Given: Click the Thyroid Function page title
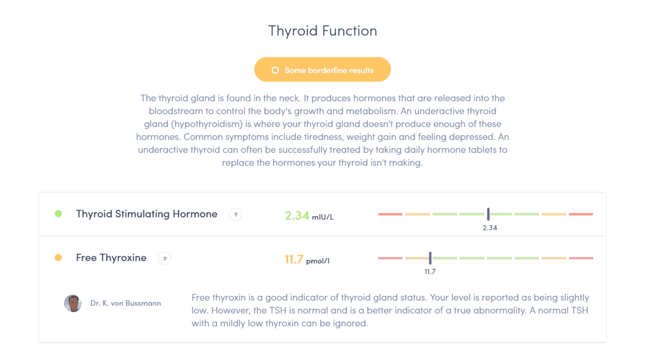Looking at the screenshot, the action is pyautogui.click(x=322, y=31).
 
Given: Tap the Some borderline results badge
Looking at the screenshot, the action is pyautogui.click(x=322, y=69).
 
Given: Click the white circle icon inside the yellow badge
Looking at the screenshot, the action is pyautogui.click(x=275, y=70).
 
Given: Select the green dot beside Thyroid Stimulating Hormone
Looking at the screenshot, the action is pyautogui.click(x=58, y=213).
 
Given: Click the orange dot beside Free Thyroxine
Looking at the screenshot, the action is pyautogui.click(x=58, y=257).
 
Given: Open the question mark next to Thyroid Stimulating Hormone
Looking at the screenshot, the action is pyautogui.click(x=235, y=214).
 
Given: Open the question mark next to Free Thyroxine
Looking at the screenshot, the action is pyautogui.click(x=164, y=258).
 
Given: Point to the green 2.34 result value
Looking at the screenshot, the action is pyautogui.click(x=297, y=215).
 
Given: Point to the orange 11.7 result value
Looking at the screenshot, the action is pyautogui.click(x=294, y=260).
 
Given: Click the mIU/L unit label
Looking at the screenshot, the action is pyautogui.click(x=323, y=217).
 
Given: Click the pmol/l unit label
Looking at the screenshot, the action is pyautogui.click(x=318, y=261).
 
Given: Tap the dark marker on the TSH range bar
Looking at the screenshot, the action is pyautogui.click(x=489, y=214).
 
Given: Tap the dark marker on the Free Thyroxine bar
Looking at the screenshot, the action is pyautogui.click(x=430, y=258).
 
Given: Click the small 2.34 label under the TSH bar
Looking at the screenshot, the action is pyautogui.click(x=490, y=228).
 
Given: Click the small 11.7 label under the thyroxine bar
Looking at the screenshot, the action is pyautogui.click(x=430, y=272).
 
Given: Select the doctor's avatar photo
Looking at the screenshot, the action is pyautogui.click(x=73, y=303).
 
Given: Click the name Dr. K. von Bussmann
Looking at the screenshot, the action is pyautogui.click(x=126, y=303).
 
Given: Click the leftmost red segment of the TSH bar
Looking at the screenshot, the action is pyautogui.click(x=390, y=214).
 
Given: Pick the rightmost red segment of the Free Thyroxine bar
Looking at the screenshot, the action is pyautogui.click(x=581, y=258).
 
